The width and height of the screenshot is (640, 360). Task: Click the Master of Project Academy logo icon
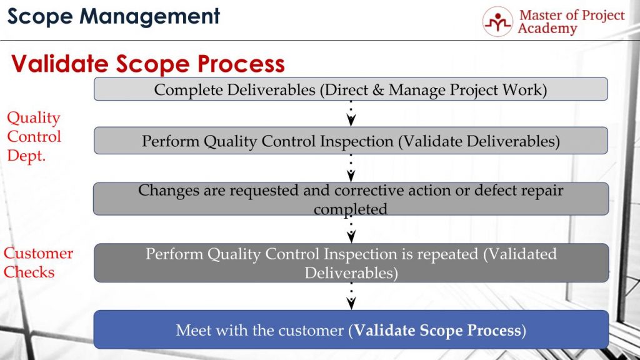tap(497, 22)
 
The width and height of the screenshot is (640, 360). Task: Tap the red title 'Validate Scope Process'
tap(148, 63)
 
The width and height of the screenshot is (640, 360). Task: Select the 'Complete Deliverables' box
tap(351, 89)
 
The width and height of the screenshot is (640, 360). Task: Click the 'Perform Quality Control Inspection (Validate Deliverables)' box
tap(351, 141)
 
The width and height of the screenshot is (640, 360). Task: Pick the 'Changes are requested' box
tap(351, 199)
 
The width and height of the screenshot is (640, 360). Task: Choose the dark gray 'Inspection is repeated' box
tap(351, 263)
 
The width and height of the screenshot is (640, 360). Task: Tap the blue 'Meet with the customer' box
tap(351, 329)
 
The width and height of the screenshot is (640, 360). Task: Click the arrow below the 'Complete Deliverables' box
tap(351, 114)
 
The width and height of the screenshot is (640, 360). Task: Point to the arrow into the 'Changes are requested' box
tap(351, 168)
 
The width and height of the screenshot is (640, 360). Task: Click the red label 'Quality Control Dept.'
tap(34, 136)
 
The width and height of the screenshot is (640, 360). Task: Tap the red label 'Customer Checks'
tap(38, 262)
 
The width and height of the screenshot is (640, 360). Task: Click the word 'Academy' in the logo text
tap(547, 29)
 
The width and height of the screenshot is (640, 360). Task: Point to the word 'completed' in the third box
tap(350, 208)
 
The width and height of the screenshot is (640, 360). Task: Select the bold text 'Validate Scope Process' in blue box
tap(437, 330)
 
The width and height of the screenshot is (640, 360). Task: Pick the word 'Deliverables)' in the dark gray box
tap(351, 272)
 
